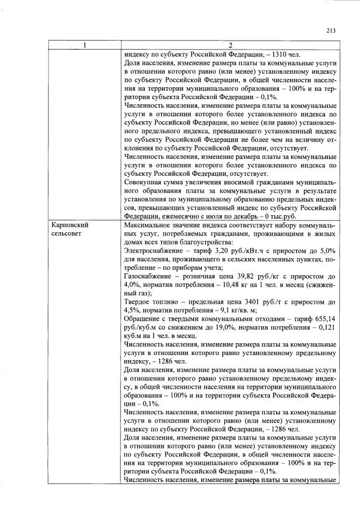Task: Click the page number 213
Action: pos(331,31)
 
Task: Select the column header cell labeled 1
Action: pos(85,45)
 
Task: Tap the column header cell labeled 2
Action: pos(229,45)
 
